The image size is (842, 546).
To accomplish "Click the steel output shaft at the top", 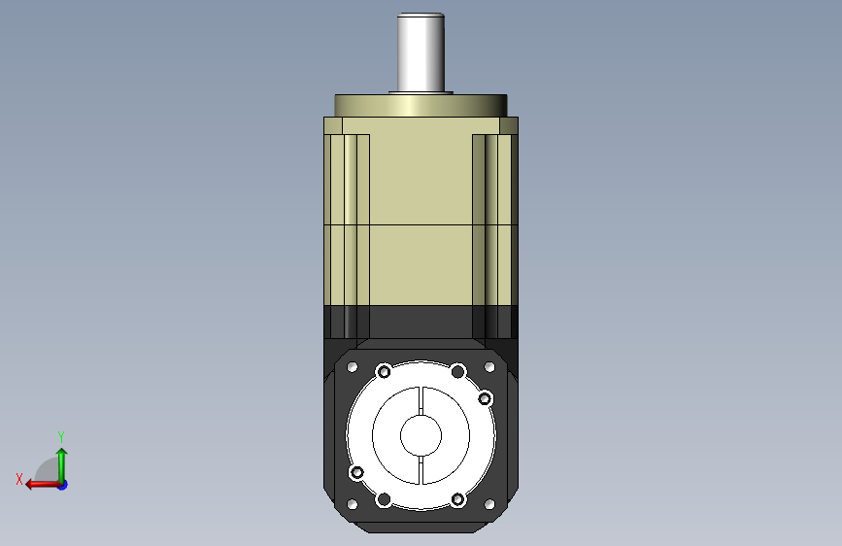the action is pyautogui.click(x=421, y=52).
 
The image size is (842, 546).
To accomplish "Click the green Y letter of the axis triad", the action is pyautogui.click(x=61, y=436).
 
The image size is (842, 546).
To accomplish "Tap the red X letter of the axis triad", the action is pyautogui.click(x=19, y=479).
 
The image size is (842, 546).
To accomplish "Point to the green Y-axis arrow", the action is pyautogui.click(x=62, y=465).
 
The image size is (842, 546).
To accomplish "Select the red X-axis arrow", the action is pyautogui.click(x=44, y=485).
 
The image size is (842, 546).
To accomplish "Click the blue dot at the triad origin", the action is pyautogui.click(x=63, y=485).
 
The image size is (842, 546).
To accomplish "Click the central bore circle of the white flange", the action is pyautogui.click(x=421, y=434).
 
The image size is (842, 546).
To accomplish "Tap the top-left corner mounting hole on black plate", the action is pyautogui.click(x=353, y=367).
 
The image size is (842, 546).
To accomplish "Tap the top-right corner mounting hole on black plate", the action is pyautogui.click(x=489, y=367).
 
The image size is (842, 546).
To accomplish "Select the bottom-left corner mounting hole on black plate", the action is pyautogui.click(x=353, y=504).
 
